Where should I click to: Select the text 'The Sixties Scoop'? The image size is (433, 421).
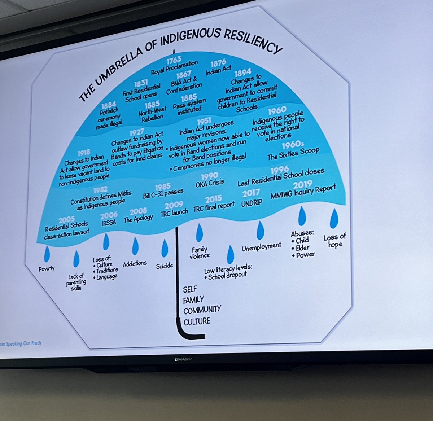point(293,154)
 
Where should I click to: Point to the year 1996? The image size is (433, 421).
point(279,170)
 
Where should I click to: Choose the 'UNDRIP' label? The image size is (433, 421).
point(252,203)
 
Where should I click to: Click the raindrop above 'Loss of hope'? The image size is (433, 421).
point(334,216)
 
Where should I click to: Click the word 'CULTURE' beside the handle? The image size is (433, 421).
point(197,321)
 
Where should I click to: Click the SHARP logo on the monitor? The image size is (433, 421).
point(183,359)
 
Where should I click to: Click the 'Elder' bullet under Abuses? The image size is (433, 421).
point(302,247)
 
